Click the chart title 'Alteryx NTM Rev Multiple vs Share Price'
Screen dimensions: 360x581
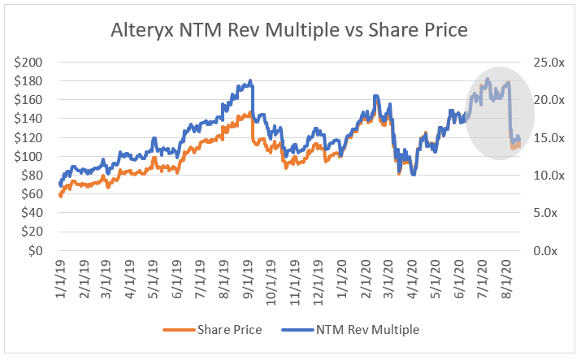289,30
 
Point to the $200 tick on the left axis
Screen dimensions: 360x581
33,63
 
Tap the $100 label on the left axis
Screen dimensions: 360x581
33,157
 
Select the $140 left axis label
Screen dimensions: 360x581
33,119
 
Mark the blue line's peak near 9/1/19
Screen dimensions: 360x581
250,80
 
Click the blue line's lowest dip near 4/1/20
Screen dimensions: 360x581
413,175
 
